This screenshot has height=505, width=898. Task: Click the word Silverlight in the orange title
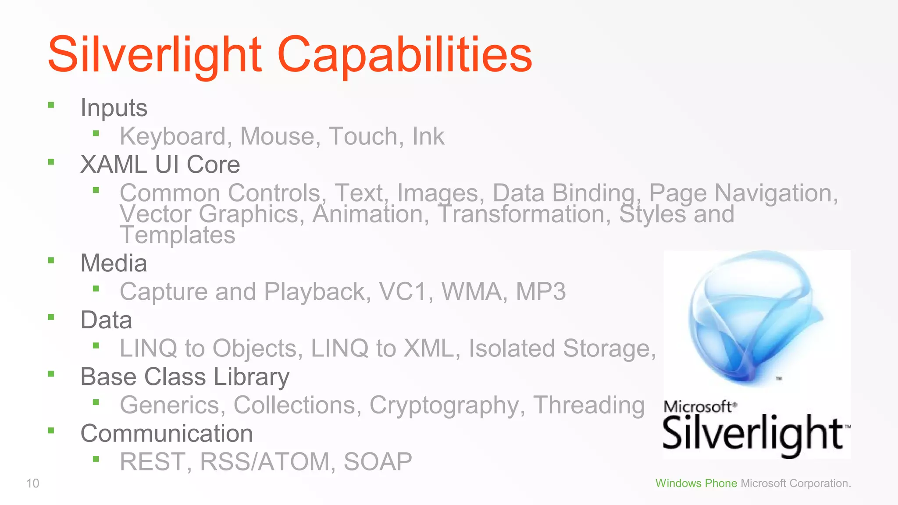coord(155,55)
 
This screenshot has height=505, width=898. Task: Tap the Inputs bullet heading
coord(114,108)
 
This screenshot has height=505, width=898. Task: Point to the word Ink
coord(428,136)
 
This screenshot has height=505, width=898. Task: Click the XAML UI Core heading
coord(160,165)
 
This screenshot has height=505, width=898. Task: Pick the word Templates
coord(178,235)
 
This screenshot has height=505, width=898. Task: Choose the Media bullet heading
coord(114,263)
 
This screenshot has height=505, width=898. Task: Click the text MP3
coord(541,292)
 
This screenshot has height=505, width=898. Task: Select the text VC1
coord(403,292)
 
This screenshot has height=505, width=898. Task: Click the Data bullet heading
coord(106,320)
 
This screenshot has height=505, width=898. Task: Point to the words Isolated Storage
coord(562,349)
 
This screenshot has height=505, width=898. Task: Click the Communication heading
coord(167,434)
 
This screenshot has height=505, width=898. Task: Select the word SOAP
coord(378,462)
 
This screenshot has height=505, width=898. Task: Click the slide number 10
coord(33,484)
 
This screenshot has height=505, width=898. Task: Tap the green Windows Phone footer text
coord(696,484)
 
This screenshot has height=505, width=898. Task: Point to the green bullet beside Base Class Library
coord(51,374)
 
